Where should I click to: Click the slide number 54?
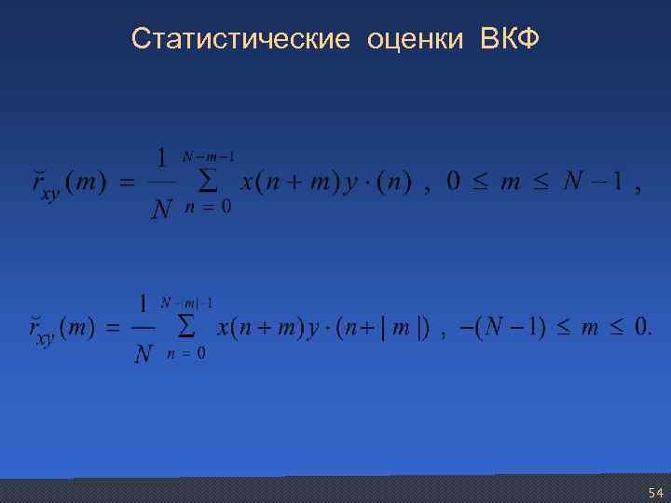point(655,492)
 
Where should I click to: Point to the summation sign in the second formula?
point(185,327)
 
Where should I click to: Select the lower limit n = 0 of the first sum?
point(210,208)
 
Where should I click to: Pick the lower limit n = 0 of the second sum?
point(187,354)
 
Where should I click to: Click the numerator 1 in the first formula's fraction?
point(161,159)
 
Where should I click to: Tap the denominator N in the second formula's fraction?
point(143,355)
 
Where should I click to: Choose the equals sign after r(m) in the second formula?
point(111,329)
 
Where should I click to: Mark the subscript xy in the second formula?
point(44,339)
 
